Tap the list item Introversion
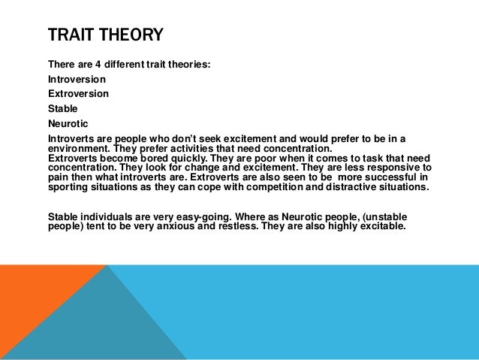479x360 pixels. [x=77, y=79]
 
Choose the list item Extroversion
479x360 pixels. [x=78, y=93]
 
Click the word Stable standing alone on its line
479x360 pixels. [x=62, y=107]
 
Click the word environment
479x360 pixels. [x=76, y=148]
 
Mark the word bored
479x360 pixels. [x=157, y=158]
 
